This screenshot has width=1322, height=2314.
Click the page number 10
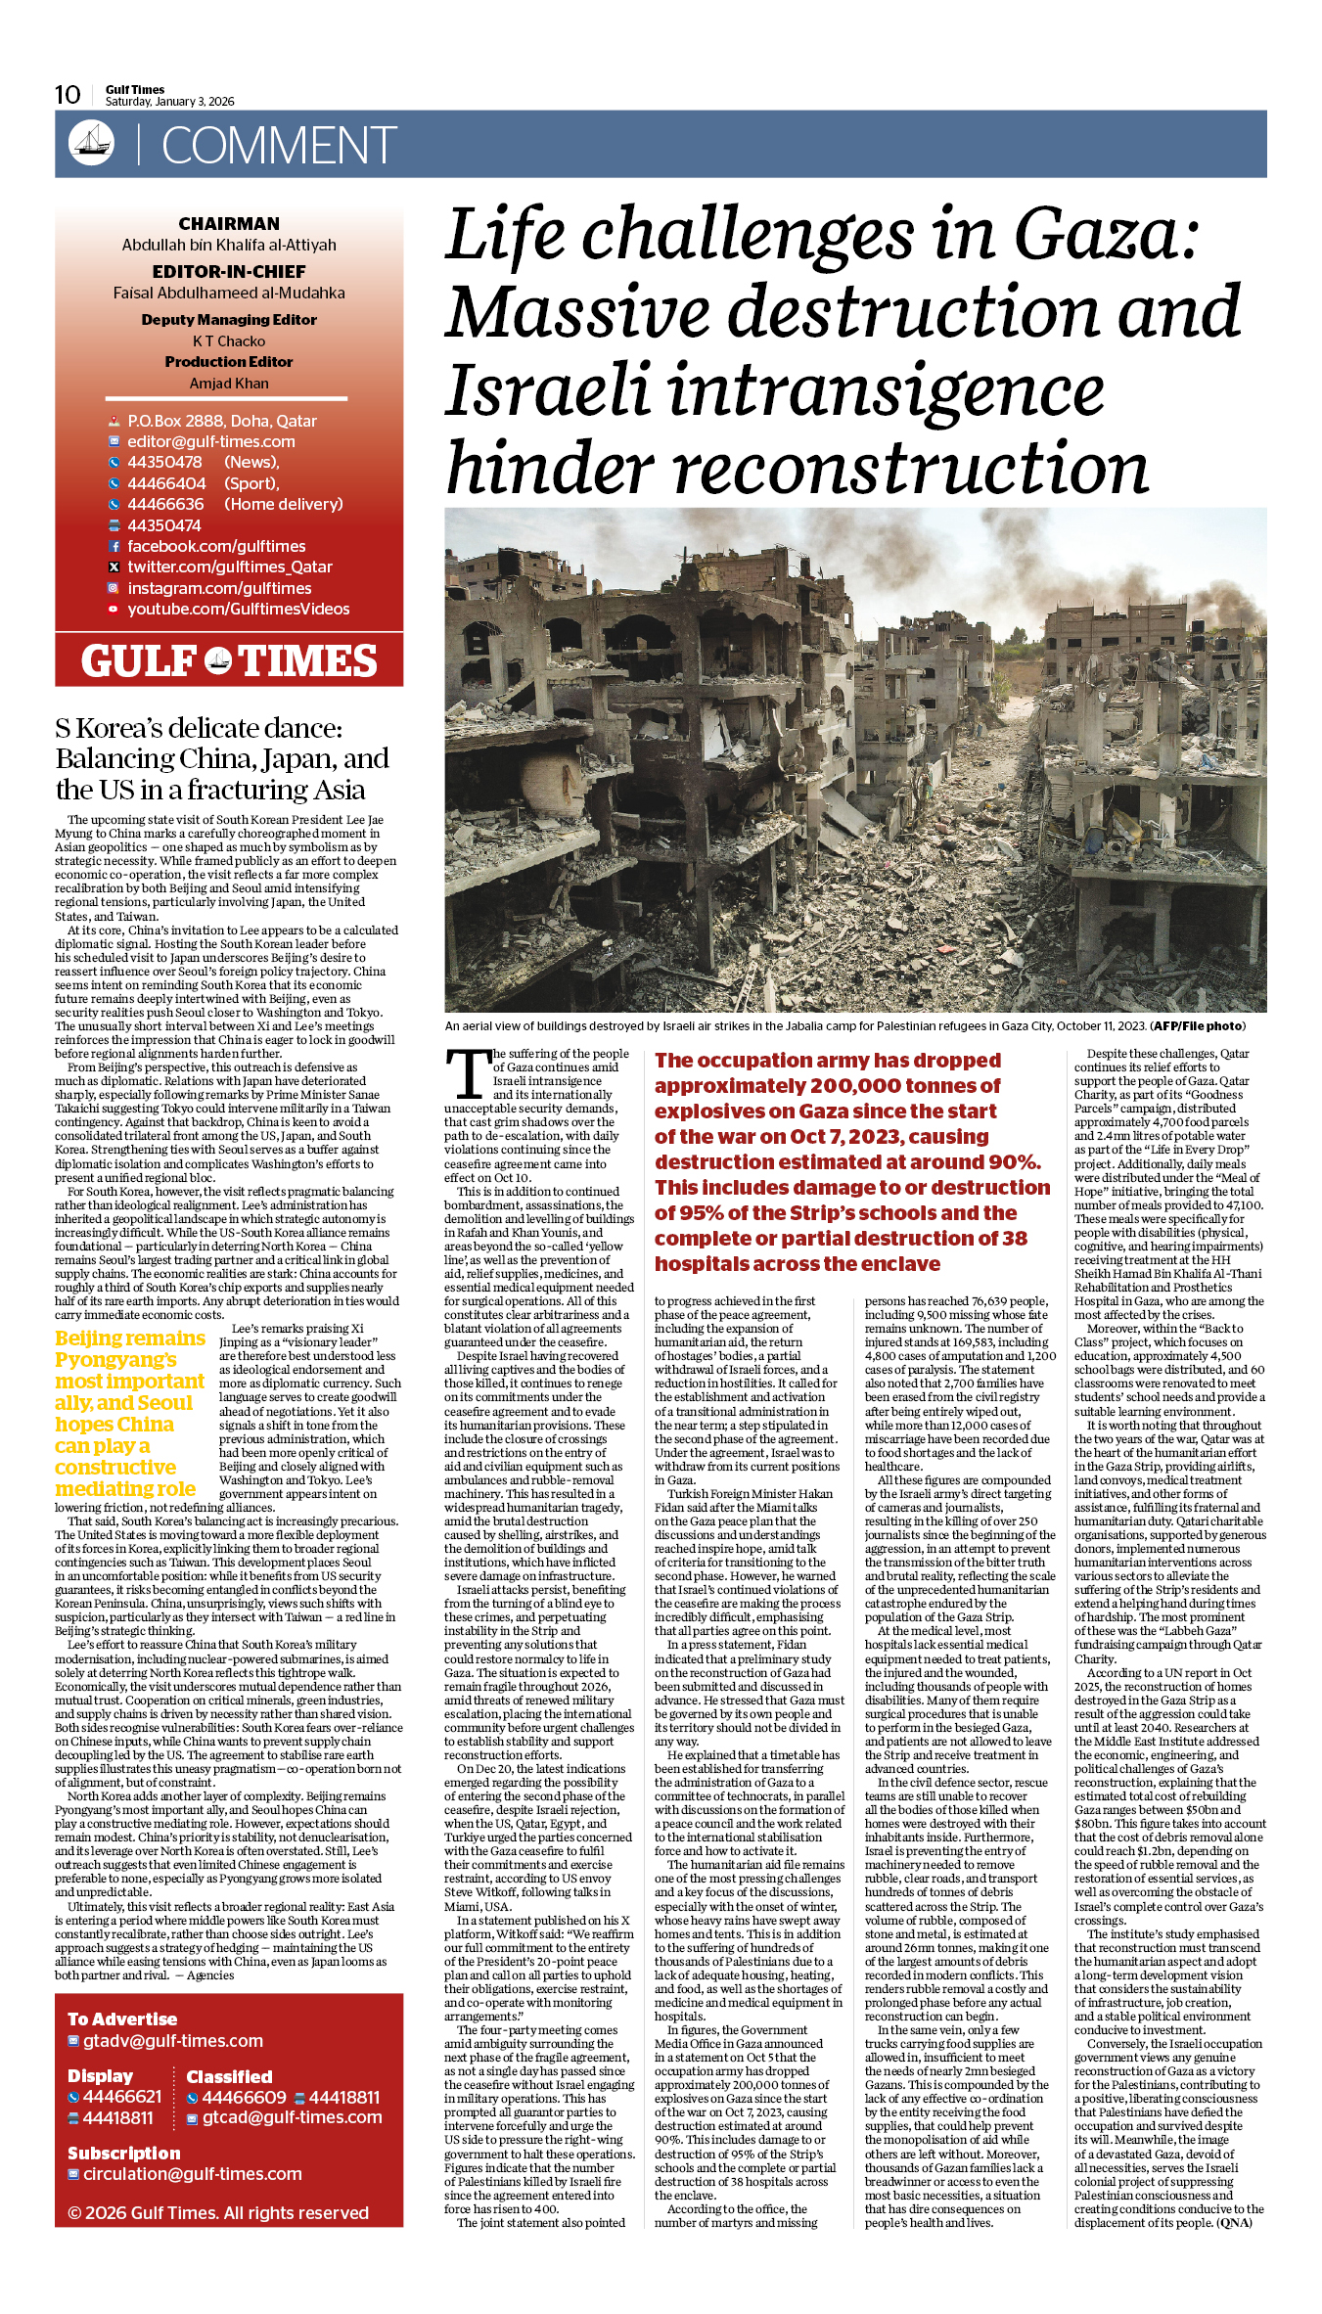click(68, 95)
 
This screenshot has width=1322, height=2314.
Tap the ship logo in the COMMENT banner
click(91, 143)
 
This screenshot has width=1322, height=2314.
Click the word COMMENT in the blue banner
click(279, 146)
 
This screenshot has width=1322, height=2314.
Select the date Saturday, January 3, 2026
click(169, 102)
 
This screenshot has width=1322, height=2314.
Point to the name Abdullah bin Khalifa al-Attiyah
click(229, 246)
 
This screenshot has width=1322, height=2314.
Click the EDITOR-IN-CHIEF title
click(229, 272)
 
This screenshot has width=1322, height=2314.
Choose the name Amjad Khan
click(229, 384)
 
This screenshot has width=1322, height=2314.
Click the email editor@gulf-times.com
click(211, 442)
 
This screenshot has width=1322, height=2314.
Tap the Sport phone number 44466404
click(166, 483)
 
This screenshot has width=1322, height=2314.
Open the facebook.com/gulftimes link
click(216, 547)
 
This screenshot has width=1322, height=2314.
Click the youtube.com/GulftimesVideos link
click(238, 610)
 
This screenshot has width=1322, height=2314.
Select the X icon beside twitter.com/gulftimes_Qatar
click(114, 567)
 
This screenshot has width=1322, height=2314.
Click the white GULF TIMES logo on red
click(229, 661)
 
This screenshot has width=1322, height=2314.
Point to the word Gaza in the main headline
click(1106, 235)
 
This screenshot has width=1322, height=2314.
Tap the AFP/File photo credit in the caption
click(1198, 1026)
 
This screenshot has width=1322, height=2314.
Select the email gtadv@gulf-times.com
click(173, 2041)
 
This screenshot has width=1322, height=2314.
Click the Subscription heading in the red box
click(124, 2154)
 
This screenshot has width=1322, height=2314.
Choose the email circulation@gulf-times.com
click(193, 2174)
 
